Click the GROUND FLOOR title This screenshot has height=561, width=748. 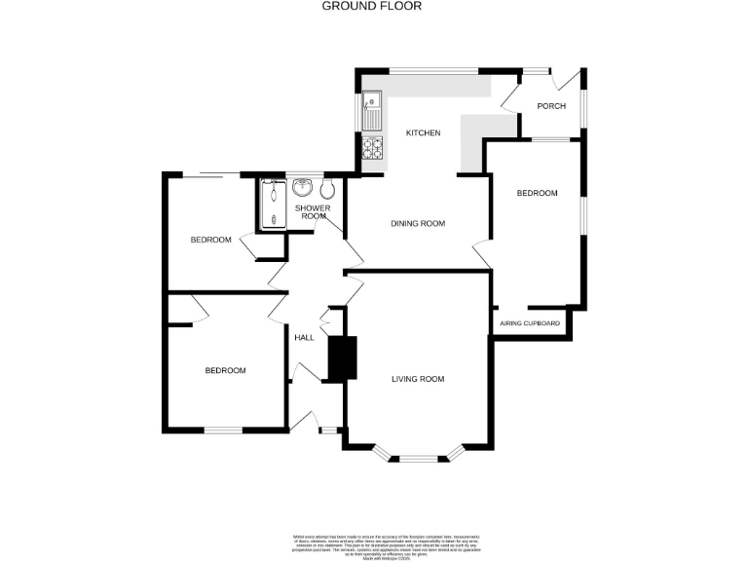coord(372,6)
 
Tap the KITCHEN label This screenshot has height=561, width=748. coord(424,132)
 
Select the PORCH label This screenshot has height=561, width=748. coord(551,106)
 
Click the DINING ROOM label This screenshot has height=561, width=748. coord(418,223)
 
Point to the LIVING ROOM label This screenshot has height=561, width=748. coord(418,379)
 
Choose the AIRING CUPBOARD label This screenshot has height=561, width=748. coord(530,322)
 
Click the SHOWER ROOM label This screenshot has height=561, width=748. coord(314,211)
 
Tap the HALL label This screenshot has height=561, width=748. coord(305,337)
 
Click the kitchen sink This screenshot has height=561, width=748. coord(372,110)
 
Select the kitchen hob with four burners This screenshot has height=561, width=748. coord(373,149)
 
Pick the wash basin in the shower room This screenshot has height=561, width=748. coord(302,188)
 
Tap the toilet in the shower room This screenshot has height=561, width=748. coord(327,189)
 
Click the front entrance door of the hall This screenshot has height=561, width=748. coord(313,421)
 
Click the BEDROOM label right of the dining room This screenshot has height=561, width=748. coord(537,193)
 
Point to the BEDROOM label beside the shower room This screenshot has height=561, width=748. coord(210,240)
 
